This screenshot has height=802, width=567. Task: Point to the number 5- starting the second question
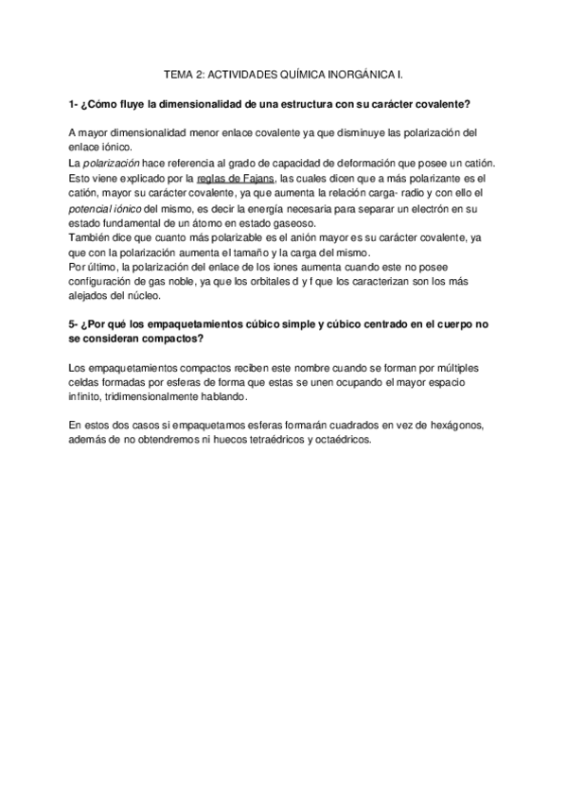[75, 324]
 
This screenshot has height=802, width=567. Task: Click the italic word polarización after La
[115, 163]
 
